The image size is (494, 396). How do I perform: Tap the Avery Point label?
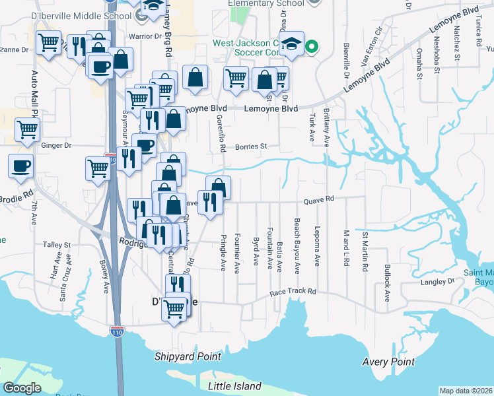388,362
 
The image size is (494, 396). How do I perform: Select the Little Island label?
234,386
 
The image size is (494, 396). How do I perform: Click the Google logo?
22,388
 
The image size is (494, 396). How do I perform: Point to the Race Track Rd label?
293,291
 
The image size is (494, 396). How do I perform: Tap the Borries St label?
253,147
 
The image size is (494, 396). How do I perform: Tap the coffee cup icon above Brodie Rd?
20,165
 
